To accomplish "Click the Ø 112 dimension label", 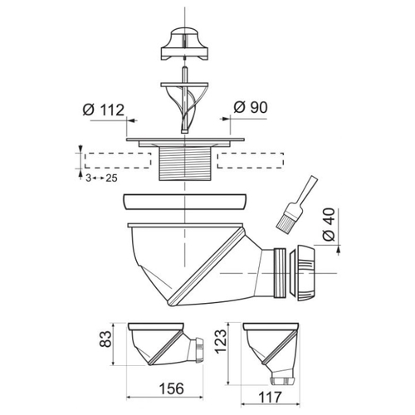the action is point(104,110).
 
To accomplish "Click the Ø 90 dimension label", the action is point(251,107).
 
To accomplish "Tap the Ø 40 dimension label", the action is point(329,225).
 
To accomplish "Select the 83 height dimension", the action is point(105,339).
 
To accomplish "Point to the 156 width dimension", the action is point(172,388).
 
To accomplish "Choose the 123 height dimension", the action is point(221,341).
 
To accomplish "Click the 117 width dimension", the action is point(270,398).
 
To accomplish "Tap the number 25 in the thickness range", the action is point(112,178).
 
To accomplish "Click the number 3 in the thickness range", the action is point(88,178).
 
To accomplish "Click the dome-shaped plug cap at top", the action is point(184,44).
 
